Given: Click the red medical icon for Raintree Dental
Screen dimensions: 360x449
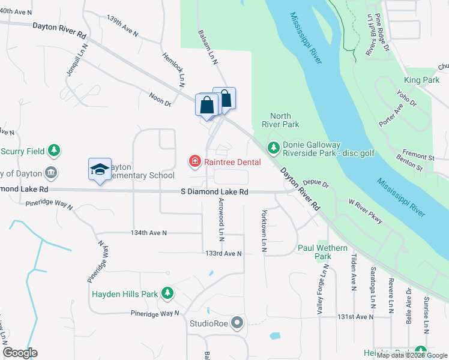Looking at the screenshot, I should coord(194,161).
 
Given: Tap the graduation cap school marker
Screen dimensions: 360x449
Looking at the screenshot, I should coord(100,169).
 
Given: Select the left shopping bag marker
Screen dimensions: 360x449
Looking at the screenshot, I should coord(206,105).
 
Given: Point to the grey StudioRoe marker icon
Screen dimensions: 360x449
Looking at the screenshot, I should coord(238,323).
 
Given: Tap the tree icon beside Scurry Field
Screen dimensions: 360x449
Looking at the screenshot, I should coord(55,149).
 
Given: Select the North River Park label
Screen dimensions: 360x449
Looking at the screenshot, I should coord(280,120).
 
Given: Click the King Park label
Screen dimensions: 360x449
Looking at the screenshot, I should coord(421,80).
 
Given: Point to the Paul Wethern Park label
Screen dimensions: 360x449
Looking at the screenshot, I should coord(323,252).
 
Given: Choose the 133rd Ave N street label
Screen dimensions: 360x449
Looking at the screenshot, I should coord(223,254).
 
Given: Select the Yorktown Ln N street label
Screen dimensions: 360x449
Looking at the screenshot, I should coord(264,230).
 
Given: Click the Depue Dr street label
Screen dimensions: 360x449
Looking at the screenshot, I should coord(316,184).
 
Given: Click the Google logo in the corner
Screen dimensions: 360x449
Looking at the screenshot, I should coord(20,353).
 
